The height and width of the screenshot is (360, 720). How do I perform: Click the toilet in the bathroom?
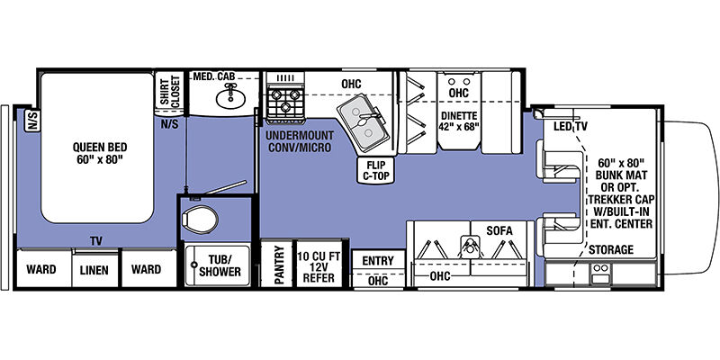pyautogui.click(x=200, y=220)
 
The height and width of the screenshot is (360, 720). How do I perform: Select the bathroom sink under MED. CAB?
pyautogui.click(x=230, y=96)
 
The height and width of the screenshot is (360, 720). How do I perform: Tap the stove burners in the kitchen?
pyautogui.click(x=284, y=102)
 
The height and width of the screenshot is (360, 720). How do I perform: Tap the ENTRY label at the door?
pyautogui.click(x=378, y=261)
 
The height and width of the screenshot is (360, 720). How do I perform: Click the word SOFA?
pyautogui.click(x=499, y=230)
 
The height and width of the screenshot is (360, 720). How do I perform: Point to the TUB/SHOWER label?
pyautogui.click(x=220, y=265)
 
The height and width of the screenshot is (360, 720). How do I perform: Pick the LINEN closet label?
pyautogui.click(x=95, y=270)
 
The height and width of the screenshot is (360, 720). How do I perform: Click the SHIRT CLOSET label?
pyautogui.click(x=170, y=91)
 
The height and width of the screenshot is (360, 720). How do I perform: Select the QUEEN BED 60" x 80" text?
pyautogui.click(x=100, y=154)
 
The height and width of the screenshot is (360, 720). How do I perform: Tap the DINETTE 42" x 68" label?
pyautogui.click(x=459, y=121)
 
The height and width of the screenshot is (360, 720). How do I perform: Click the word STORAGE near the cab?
pyautogui.click(x=611, y=250)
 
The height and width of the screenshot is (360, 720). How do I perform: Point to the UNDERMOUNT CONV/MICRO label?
pyautogui.click(x=300, y=141)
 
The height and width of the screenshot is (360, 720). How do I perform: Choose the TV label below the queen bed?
pyautogui.click(x=96, y=241)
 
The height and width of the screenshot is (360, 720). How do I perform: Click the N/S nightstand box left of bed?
pyautogui.click(x=32, y=121)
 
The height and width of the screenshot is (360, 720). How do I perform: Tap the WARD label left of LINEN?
pyautogui.click(x=40, y=269)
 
